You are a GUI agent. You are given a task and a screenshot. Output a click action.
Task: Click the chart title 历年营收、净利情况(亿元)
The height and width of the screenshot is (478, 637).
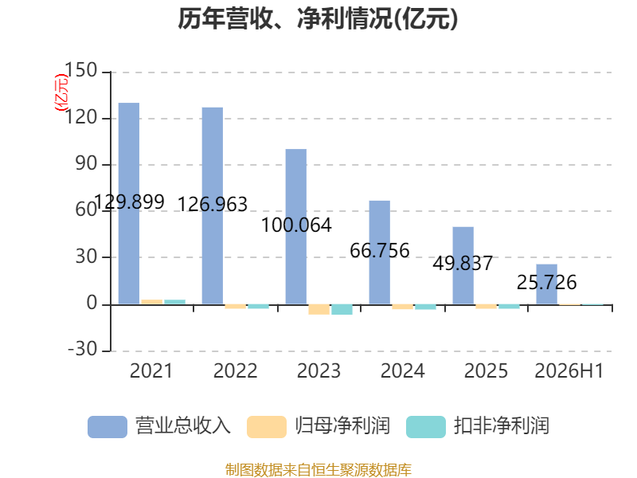click(x=318, y=18)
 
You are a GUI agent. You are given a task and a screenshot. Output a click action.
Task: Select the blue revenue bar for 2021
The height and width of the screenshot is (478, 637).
click(x=129, y=203)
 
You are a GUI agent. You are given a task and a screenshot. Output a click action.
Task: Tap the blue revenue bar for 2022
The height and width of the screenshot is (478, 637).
click(x=213, y=206)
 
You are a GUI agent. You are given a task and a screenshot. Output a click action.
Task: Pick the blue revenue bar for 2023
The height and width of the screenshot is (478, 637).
click(x=296, y=226)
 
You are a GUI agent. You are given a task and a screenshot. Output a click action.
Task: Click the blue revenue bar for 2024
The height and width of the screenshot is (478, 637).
click(x=380, y=252)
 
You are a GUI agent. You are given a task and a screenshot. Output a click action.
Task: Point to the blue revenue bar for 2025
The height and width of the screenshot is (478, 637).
click(x=463, y=265)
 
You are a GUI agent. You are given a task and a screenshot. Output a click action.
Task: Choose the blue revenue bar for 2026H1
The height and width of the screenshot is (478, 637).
click(x=547, y=284)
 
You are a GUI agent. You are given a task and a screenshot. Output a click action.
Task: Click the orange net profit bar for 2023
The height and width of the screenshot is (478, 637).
click(x=319, y=309)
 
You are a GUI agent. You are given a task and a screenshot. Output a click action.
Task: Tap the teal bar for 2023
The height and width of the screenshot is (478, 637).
click(x=342, y=309)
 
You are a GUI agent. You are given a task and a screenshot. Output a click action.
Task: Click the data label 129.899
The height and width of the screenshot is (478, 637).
click(x=129, y=202)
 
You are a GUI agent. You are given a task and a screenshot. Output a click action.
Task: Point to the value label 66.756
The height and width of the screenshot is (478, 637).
click(x=380, y=250)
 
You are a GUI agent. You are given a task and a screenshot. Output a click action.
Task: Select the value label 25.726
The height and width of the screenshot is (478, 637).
click(x=547, y=282)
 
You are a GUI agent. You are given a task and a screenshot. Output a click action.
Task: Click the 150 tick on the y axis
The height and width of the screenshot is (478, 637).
click(x=81, y=70)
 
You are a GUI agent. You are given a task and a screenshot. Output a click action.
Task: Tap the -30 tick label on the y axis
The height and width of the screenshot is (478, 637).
click(x=83, y=349)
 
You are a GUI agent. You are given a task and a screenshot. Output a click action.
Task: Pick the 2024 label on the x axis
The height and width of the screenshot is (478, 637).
click(x=403, y=370)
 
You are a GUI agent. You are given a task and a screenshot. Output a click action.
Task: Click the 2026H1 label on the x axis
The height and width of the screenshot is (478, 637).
click(x=569, y=370)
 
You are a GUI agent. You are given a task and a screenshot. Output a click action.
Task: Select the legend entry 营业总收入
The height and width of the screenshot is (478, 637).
click(x=159, y=426)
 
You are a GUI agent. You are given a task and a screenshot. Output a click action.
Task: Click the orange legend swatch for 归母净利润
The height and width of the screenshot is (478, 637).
click(x=267, y=427)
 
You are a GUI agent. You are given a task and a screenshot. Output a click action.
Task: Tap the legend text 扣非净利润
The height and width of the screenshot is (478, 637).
click(x=502, y=426)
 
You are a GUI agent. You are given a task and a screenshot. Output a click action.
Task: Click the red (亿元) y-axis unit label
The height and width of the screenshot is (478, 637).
click(x=61, y=92)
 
